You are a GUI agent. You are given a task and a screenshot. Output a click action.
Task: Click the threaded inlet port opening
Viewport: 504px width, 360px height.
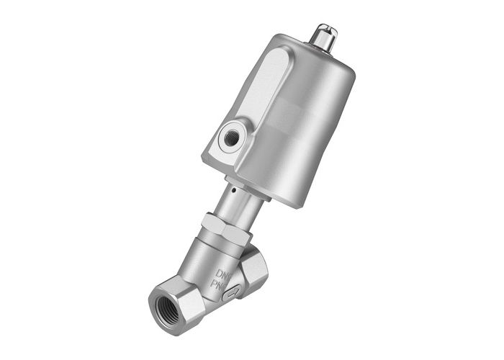(168, 300)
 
